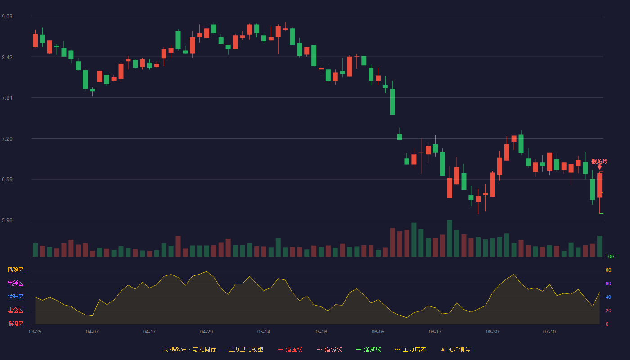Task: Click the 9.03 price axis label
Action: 7,17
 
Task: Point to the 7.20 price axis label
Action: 7,139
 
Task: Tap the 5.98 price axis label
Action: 7,220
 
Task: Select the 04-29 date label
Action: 207,332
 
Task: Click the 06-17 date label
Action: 435,332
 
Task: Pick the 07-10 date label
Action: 549,332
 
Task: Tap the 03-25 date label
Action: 35,332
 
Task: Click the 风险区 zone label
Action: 15,270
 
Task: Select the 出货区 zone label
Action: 15,283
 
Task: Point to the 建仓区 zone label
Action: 15,310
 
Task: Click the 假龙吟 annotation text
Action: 599,162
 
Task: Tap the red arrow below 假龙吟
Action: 599,167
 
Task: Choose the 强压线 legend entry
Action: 290,349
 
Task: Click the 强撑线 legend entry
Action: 369,349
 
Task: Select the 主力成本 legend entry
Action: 410,349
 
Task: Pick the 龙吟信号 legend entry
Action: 455,349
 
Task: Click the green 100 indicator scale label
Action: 610,256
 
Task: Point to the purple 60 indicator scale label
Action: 608,283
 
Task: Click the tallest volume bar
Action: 450,238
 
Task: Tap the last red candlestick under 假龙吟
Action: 599,185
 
